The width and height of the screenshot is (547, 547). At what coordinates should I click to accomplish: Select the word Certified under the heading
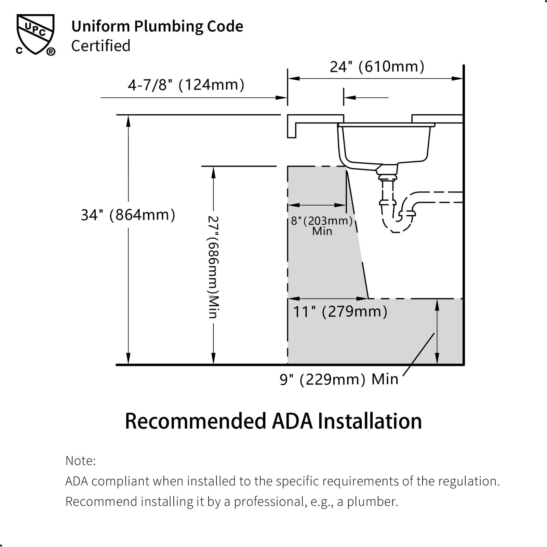101,46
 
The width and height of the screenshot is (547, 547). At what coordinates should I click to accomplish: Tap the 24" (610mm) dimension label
377,67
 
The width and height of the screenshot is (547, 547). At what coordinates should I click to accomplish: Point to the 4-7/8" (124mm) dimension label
186,85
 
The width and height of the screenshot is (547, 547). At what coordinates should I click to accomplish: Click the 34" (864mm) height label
128,215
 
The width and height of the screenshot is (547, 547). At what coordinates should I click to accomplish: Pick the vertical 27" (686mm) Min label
213,267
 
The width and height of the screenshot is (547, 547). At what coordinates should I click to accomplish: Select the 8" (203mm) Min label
322,226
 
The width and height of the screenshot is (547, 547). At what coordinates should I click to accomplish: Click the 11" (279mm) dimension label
341,311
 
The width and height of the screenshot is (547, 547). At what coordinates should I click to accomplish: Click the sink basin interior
386,143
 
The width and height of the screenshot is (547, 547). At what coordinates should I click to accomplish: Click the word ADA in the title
292,421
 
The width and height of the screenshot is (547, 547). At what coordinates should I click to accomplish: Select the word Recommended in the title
196,421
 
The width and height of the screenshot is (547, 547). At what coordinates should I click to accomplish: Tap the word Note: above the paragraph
81,461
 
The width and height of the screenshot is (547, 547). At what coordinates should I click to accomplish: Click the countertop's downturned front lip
292,130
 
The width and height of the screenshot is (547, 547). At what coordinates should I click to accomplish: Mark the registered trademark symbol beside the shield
51,52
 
